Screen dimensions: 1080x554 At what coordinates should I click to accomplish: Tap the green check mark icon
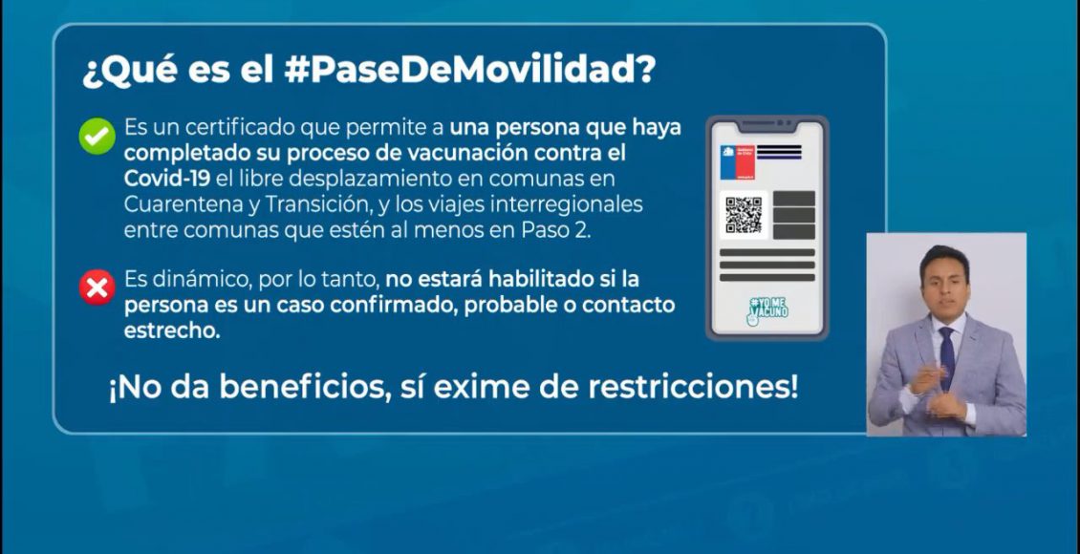coord(97,137)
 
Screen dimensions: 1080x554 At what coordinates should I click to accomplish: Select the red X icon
coord(97,287)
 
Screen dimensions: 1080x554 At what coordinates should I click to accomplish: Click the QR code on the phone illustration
coord(744,215)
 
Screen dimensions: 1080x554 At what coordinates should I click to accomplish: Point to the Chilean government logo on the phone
coord(738,162)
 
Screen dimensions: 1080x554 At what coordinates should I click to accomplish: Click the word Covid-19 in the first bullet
coord(167,179)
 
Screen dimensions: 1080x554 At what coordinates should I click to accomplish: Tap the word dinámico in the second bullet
coord(188,280)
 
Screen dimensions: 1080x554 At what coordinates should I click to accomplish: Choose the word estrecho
coord(172,330)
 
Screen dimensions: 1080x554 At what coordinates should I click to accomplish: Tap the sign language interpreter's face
coord(944,283)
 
